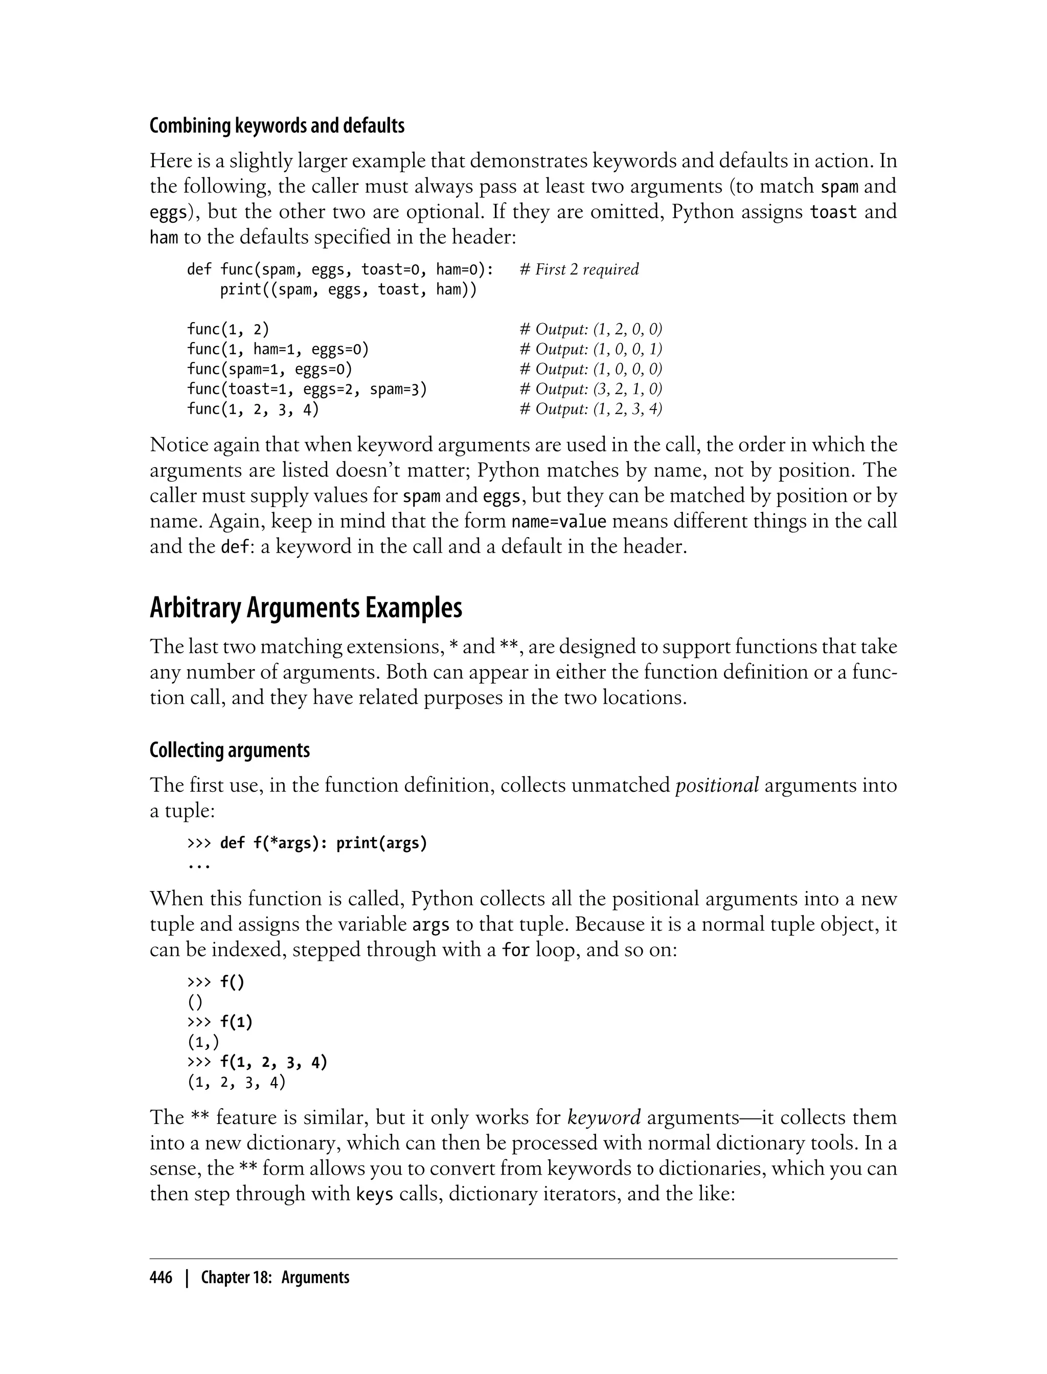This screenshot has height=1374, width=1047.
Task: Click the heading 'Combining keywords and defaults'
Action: (277, 126)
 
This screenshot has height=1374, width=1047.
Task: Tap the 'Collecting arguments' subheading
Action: (230, 750)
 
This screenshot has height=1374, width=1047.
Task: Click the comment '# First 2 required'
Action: (579, 269)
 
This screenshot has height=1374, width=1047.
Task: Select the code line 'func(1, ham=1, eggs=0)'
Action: (278, 349)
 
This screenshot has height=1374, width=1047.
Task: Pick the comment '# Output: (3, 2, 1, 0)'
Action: (590, 389)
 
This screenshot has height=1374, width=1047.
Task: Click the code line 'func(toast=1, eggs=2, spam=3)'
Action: (307, 389)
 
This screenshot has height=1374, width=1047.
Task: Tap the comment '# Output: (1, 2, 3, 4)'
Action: (590, 409)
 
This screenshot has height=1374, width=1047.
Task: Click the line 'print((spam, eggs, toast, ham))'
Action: (348, 289)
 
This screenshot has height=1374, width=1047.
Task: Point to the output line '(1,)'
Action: (203, 1042)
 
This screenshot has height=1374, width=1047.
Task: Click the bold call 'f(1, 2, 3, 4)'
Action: (274, 1062)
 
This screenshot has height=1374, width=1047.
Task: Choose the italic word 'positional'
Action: (717, 785)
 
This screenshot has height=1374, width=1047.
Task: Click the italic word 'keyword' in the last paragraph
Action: (604, 1117)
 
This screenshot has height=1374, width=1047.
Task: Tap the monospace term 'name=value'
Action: (558, 521)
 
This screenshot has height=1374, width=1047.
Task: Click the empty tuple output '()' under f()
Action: (195, 1002)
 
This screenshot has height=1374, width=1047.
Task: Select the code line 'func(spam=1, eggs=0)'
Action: (270, 369)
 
